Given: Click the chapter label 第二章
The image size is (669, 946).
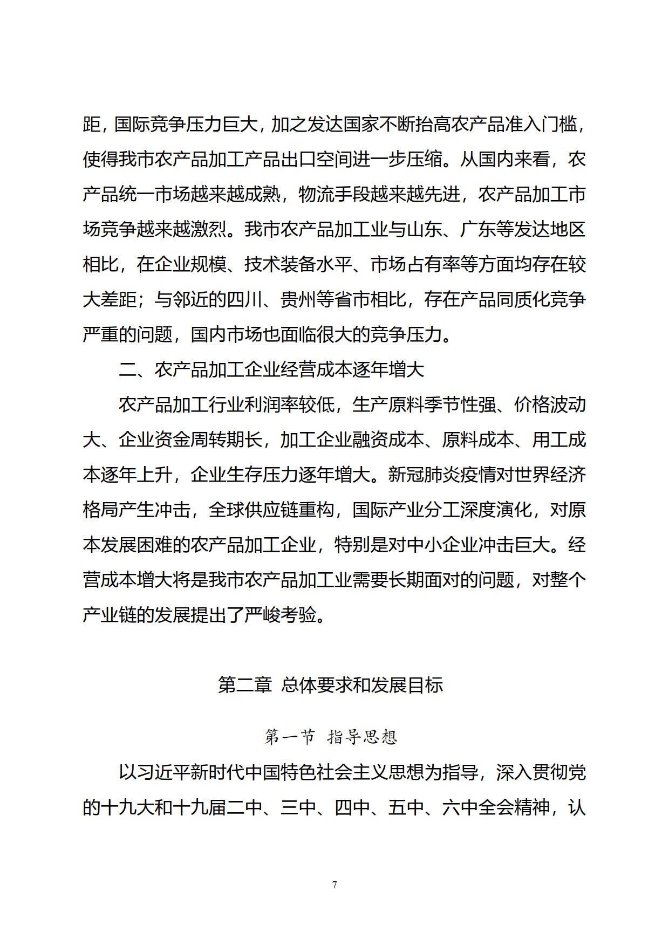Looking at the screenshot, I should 244,685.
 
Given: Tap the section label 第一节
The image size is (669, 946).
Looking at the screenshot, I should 289,737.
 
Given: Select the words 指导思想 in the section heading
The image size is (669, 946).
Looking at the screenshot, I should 362,737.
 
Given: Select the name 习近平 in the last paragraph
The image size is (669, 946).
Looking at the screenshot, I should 146,772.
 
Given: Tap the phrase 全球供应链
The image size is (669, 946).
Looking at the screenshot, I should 244,510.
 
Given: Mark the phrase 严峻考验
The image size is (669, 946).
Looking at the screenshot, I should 280,615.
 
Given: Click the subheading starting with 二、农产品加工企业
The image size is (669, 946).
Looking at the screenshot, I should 271,370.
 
